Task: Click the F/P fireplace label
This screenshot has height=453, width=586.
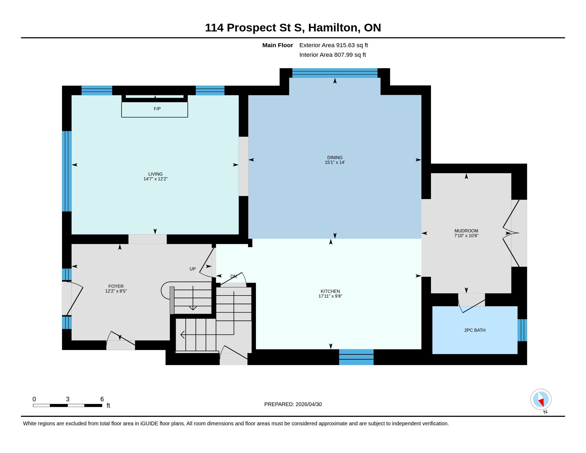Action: (x=157, y=109)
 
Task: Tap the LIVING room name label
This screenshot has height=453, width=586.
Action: (x=156, y=174)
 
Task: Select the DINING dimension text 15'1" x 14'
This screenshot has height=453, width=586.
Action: (x=335, y=162)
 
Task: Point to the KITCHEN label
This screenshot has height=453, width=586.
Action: (x=330, y=291)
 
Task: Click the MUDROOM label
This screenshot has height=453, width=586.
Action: (x=466, y=231)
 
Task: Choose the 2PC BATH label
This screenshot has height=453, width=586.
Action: (x=475, y=330)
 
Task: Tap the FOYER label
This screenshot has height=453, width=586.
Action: (x=116, y=286)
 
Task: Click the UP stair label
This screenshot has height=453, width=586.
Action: (x=193, y=269)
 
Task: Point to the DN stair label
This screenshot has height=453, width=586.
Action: (x=233, y=276)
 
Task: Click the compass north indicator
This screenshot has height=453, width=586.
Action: (x=541, y=400)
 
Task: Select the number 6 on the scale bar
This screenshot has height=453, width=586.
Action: (x=102, y=399)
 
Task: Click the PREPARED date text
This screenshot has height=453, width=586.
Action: (x=293, y=404)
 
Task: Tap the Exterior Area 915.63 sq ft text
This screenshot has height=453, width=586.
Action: (x=333, y=45)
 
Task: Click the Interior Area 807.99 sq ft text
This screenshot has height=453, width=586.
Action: (x=333, y=55)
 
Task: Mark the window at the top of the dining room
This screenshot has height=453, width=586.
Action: (x=335, y=73)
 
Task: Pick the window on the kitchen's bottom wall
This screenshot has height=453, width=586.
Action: (x=356, y=357)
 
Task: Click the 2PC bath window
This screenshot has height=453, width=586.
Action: (x=522, y=330)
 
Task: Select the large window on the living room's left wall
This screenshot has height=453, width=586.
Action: (x=67, y=171)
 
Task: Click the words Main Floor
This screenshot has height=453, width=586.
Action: (x=278, y=45)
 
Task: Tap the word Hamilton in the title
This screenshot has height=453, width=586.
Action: (x=333, y=28)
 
